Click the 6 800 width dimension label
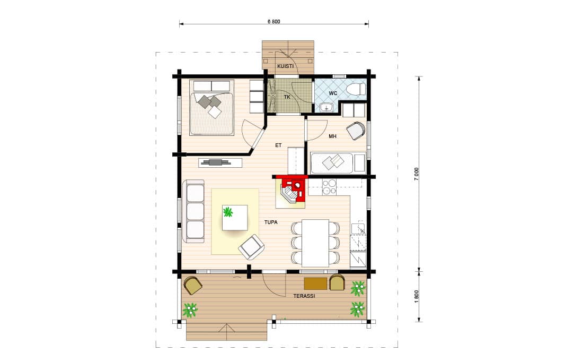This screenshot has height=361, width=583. tap(273, 21)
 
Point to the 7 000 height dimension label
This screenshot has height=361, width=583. tap(417, 174)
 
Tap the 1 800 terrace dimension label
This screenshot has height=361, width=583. tap(417, 297)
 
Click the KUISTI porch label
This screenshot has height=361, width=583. tap(285, 66)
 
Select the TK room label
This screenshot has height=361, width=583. tap(287, 97)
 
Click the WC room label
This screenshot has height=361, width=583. tap(333, 93)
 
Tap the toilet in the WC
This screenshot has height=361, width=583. tap(356, 90)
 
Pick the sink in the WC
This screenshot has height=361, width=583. tap(326, 107)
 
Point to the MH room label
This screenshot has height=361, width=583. tap(332, 136)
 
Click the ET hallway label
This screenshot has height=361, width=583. tap(278, 145)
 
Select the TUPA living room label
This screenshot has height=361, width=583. tap(271, 222)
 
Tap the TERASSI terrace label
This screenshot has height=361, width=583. tap(304, 296)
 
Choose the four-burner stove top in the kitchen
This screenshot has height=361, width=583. tap(329, 187)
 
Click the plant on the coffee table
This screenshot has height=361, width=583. tap(228, 213)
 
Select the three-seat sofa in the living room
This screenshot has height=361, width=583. tap(193, 211)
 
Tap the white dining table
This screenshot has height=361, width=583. tap(315, 243)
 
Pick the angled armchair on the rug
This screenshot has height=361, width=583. tap(251, 247)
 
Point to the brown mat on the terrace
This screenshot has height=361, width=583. tap(316, 283)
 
